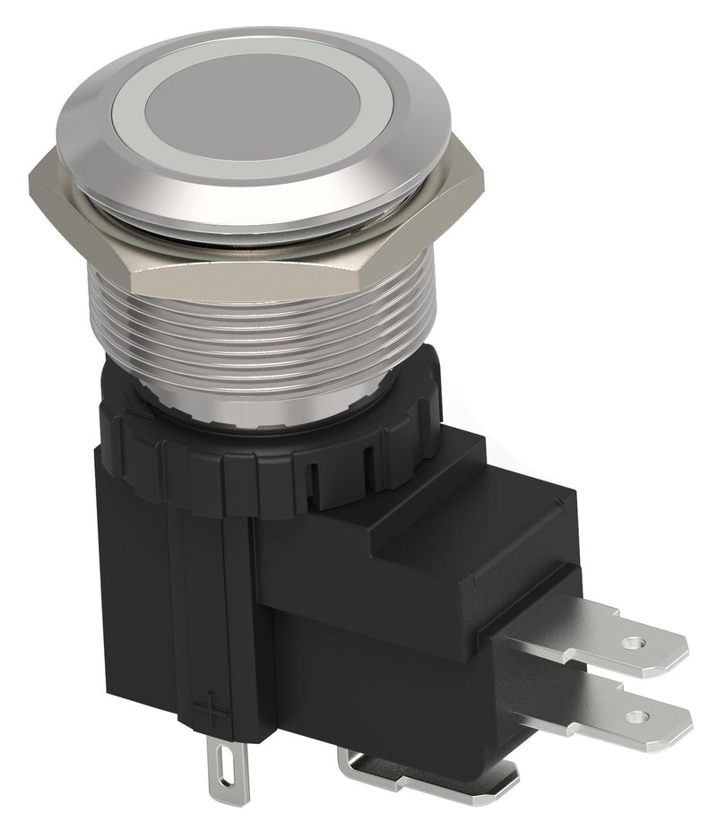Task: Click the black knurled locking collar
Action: click(x=269, y=466)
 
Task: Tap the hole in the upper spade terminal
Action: click(x=635, y=643)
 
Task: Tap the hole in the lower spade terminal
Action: click(x=638, y=715)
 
